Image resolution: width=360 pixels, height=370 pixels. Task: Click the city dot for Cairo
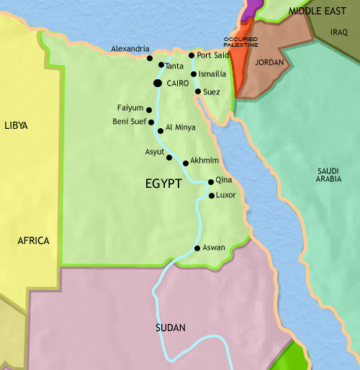157,84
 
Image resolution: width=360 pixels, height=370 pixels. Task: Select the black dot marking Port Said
192,55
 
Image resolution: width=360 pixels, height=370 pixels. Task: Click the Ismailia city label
213,74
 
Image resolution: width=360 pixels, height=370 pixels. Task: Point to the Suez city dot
198,91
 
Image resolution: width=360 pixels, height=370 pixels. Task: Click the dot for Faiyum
149,110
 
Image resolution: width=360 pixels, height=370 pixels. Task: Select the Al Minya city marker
159,130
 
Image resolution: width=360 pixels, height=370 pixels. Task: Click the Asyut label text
154,153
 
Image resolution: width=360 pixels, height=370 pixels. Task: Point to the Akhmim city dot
186,163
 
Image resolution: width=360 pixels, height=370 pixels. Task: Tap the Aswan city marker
197,249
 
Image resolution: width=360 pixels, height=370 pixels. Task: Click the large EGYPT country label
162,184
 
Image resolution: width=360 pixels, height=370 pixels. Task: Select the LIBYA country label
16,125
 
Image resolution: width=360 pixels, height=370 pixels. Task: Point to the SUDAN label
171,328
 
